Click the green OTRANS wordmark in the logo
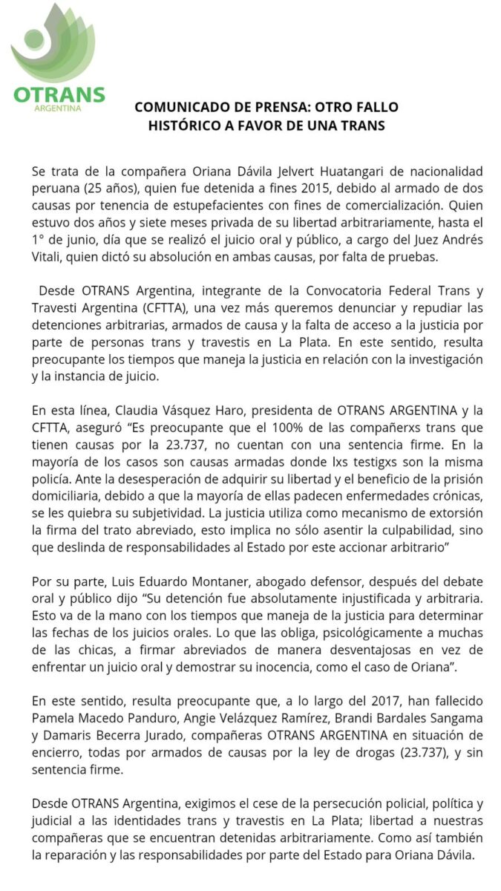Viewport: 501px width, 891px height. coord(59,96)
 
